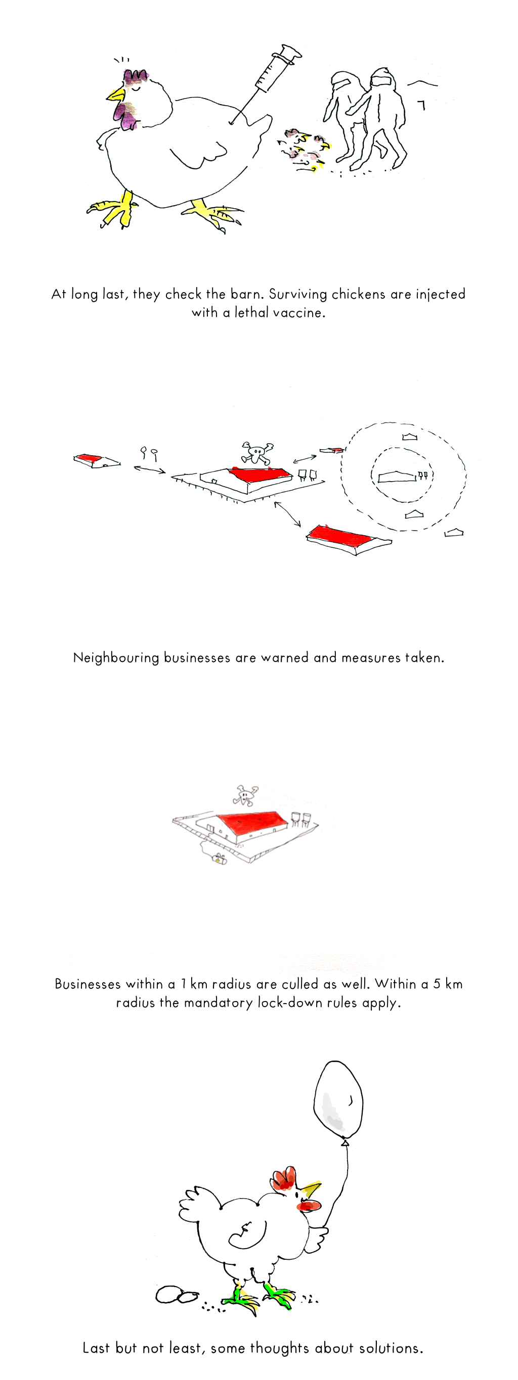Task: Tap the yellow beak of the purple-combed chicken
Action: point(116,95)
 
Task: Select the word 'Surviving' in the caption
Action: point(297,294)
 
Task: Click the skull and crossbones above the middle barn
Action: point(257,453)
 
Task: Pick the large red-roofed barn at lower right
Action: point(349,540)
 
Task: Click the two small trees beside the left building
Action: point(149,454)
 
